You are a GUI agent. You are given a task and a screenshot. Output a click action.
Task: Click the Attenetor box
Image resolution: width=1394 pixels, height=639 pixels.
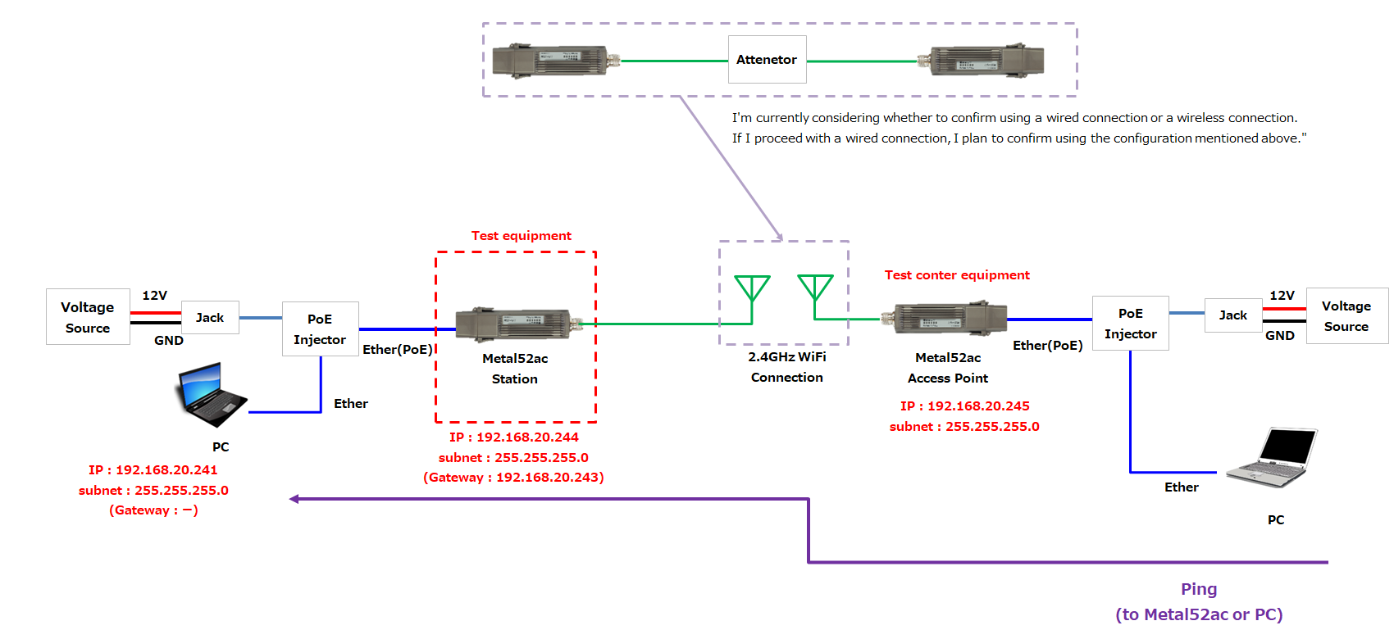(767, 59)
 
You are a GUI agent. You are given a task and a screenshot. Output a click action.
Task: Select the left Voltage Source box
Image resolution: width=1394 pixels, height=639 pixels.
(88, 316)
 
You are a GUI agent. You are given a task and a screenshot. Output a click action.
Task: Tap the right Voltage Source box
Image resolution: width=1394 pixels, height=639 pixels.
(1346, 315)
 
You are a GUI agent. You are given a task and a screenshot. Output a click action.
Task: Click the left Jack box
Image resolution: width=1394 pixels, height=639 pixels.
(210, 317)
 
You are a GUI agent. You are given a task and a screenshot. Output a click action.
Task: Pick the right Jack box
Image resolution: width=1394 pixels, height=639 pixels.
(1232, 315)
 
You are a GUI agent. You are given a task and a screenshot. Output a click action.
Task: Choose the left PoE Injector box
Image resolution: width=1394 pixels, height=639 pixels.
(320, 329)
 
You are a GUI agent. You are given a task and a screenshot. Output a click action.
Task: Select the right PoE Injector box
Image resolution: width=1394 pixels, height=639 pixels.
(1130, 323)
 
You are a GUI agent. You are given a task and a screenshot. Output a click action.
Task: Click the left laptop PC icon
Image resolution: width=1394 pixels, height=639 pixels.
(211, 395)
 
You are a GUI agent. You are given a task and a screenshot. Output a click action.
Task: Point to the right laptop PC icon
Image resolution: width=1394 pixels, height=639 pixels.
(1272, 456)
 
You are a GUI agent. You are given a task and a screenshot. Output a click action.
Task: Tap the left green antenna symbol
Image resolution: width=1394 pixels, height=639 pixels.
(752, 292)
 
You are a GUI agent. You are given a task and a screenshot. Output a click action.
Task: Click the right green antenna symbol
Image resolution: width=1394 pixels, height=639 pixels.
(815, 290)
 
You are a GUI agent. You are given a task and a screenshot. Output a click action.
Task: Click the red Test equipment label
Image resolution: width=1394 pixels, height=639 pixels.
(521, 236)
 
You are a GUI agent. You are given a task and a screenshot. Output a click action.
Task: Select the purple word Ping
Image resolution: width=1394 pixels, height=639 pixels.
(1198, 589)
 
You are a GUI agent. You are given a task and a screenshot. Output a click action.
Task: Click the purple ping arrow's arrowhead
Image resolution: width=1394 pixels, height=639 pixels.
(294, 499)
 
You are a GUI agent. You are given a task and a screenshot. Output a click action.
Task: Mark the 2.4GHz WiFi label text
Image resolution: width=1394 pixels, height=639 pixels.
(786, 356)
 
